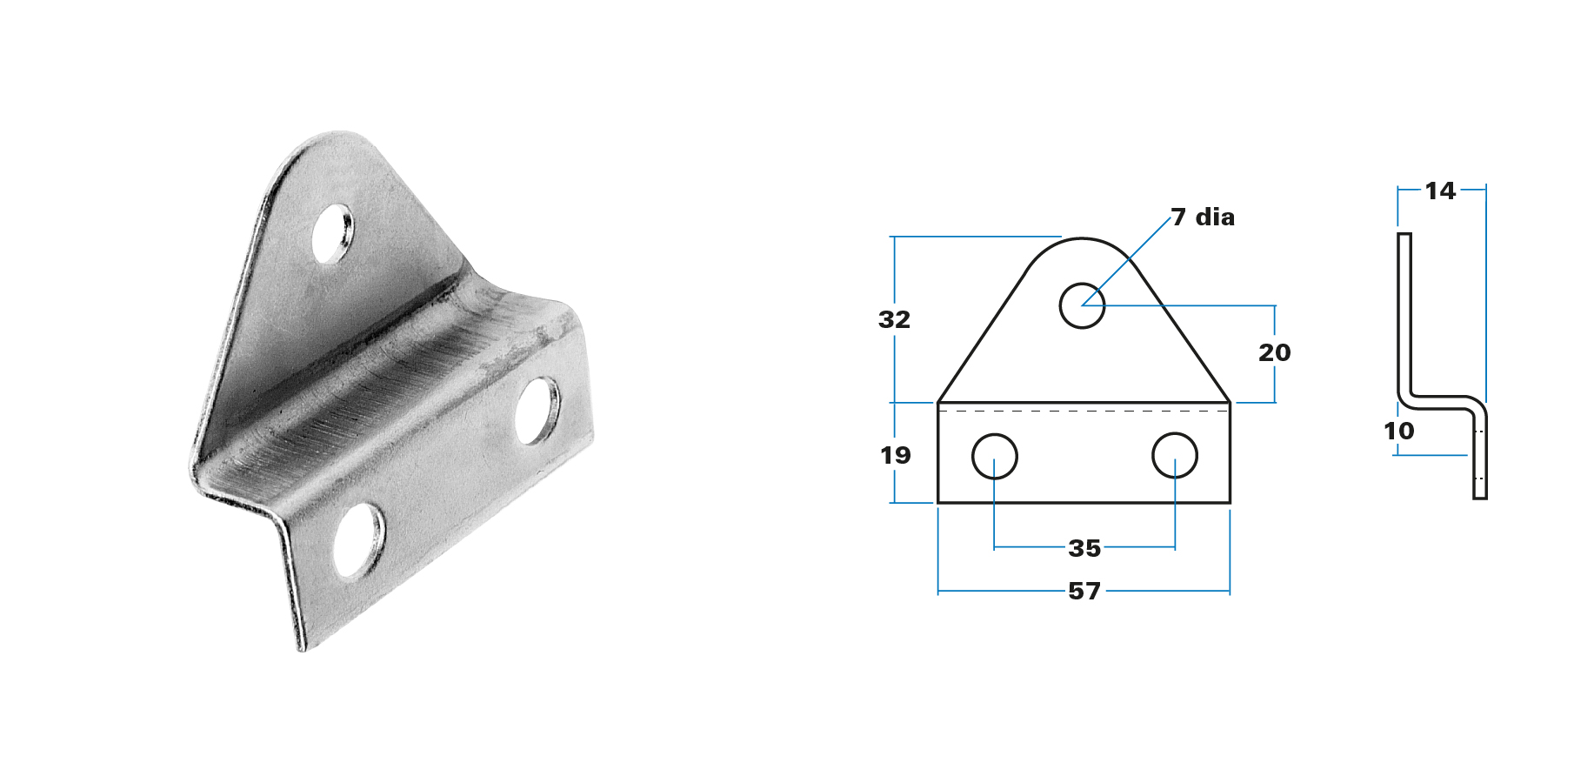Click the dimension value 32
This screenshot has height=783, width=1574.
tap(894, 319)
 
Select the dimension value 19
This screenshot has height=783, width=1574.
tap(895, 455)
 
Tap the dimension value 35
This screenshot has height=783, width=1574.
tap(1084, 548)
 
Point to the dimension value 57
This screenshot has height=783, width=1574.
tap(1084, 591)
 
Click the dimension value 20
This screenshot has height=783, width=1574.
tap(1274, 352)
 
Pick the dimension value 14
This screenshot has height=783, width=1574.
tap(1440, 191)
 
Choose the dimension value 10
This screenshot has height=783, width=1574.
tap(1398, 431)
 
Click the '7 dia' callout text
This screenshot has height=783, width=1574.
tap(1203, 217)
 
